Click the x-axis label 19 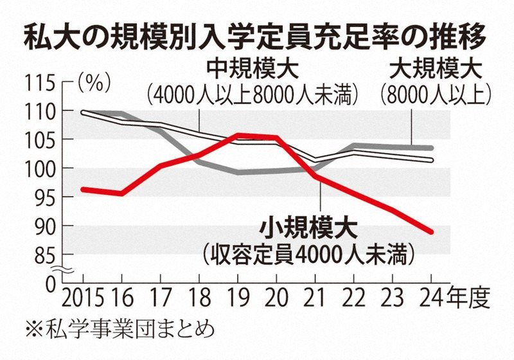click(237, 299)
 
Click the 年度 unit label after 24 click(470, 299)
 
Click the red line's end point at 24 click(432, 232)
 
